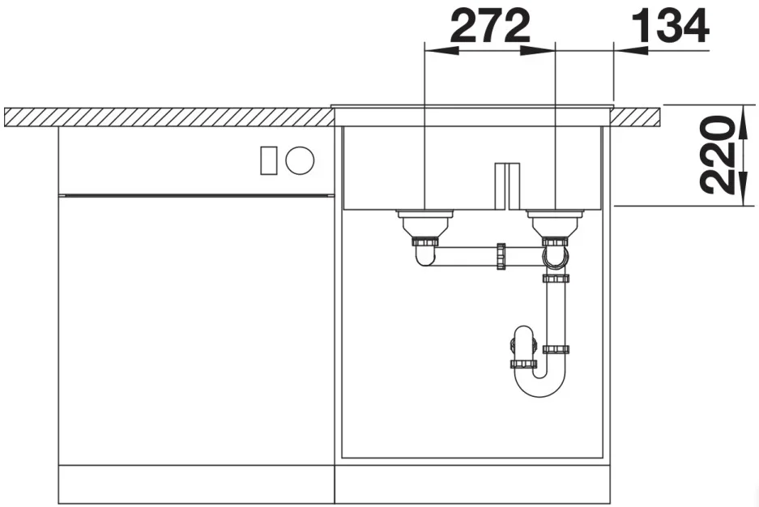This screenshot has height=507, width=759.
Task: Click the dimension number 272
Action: pos(490,26)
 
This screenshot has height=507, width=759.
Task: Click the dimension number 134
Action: pos(671,26)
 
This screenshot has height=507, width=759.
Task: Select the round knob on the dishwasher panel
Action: pos(300,160)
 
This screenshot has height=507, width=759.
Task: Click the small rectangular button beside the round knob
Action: pos(269,160)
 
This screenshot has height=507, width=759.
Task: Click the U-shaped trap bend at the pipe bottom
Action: pos(539,382)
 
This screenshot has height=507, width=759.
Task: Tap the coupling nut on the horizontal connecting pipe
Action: pos(501,257)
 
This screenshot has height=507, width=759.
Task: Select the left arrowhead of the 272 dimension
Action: pos(441,50)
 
